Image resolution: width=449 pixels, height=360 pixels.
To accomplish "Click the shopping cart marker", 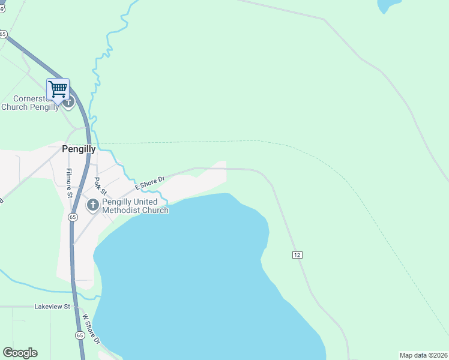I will click(x=58, y=89).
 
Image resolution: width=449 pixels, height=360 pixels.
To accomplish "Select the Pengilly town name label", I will click(x=79, y=149).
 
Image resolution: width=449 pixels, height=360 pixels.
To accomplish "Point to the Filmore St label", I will click(x=69, y=184).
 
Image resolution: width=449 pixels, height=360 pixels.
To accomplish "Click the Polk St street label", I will click(x=100, y=186).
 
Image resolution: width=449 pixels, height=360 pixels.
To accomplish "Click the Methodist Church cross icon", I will click(x=92, y=205).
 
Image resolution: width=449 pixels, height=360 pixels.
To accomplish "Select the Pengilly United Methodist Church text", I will click(x=135, y=206).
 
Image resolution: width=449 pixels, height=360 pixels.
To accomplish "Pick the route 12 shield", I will click(x=297, y=255).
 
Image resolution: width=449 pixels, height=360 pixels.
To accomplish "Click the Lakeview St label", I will click(x=52, y=307).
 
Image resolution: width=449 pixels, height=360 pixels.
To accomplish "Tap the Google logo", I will click(x=20, y=353).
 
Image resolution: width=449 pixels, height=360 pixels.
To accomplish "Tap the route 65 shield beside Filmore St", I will click(x=73, y=217).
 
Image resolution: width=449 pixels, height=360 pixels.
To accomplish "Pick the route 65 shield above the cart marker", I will click(x=3, y=34).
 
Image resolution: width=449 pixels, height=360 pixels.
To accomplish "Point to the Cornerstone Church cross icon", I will click(x=68, y=102).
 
